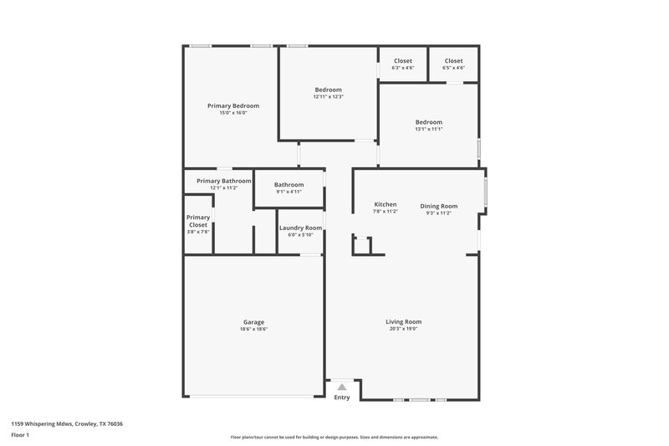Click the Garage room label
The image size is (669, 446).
click(253, 322)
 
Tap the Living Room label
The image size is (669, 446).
click(403, 322)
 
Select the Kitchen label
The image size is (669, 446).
click(385, 205)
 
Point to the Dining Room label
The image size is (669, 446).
click(438, 206)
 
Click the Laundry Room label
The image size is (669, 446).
click(300, 228)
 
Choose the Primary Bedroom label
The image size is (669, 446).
click(233, 106)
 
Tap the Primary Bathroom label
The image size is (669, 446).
click(223, 181)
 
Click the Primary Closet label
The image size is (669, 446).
click(198, 221)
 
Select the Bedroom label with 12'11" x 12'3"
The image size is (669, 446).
click(328, 90)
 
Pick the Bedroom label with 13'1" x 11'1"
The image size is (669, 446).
click(428, 122)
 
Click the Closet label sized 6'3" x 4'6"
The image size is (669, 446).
click(403, 61)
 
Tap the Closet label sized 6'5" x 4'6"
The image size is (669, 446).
click(453, 61)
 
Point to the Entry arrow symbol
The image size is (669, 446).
click(341, 387)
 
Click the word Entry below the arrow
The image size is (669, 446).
click(342, 397)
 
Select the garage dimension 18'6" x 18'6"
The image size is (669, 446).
click(253, 329)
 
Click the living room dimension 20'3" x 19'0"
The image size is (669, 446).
click(403, 329)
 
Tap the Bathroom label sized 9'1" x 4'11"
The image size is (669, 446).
click(289, 185)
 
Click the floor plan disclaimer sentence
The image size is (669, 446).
click(334, 437)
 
